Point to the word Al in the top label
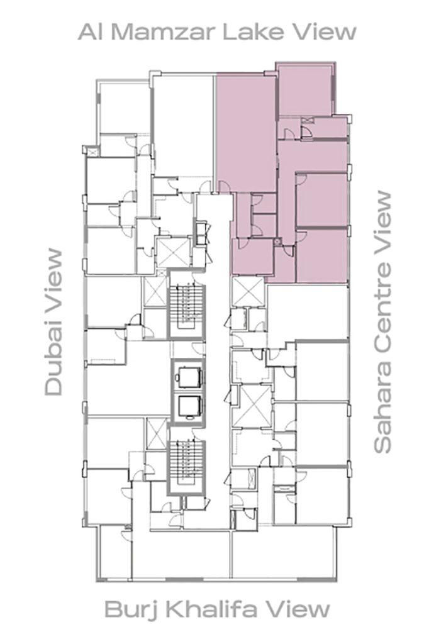(89, 31)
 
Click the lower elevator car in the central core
(187, 407)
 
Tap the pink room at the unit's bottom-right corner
(321, 255)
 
